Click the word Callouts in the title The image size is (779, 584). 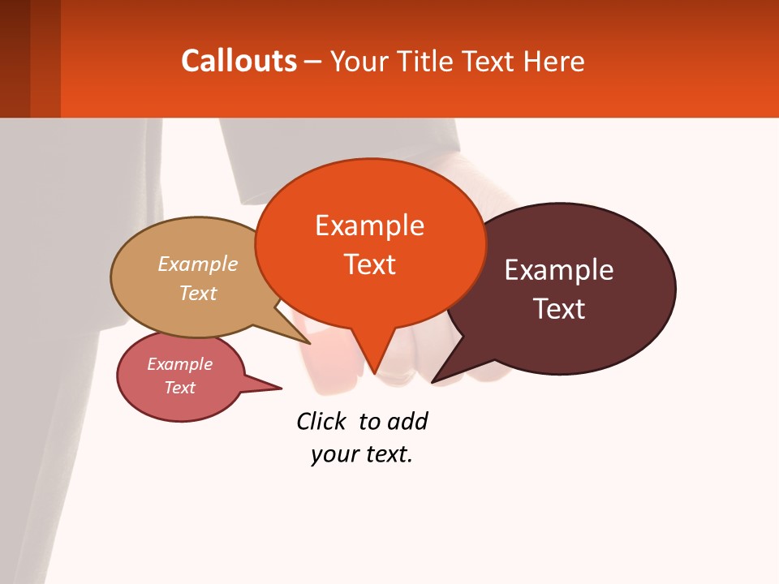coord(239,61)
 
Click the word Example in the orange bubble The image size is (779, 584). coord(369,225)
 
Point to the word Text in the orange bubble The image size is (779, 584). coord(369,264)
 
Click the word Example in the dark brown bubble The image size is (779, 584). coord(559,270)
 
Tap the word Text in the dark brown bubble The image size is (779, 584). coord(559,309)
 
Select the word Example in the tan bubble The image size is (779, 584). coord(198,264)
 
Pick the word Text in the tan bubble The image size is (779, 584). coord(198,293)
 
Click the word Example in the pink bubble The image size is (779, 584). coord(179,364)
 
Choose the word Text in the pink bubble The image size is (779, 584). coord(179,388)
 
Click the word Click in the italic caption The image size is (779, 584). coord(321,421)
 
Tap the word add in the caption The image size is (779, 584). coord(407,421)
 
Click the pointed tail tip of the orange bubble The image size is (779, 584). coord(374,374)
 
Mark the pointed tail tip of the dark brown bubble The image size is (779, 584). coord(433,382)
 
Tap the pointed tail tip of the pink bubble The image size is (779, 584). coord(282,389)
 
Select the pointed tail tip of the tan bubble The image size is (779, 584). coord(311,343)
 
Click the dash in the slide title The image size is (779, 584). coord(313,62)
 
